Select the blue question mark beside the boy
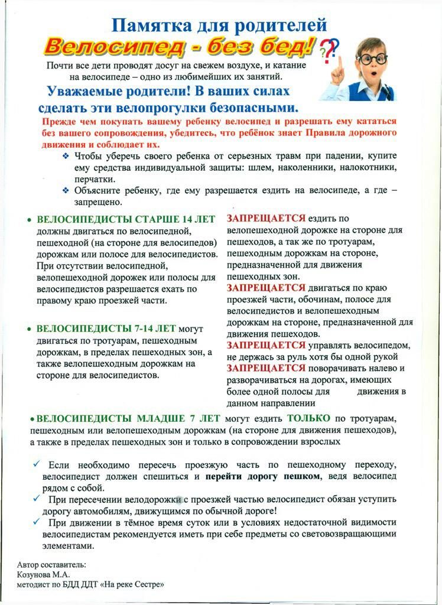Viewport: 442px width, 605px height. click(x=334, y=47)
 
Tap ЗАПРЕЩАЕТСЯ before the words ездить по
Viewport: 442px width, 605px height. click(x=266, y=218)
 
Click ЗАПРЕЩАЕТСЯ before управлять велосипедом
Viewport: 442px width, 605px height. click(x=266, y=345)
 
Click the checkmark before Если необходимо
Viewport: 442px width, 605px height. click(x=37, y=464)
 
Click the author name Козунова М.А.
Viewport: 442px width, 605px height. click(x=44, y=574)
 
